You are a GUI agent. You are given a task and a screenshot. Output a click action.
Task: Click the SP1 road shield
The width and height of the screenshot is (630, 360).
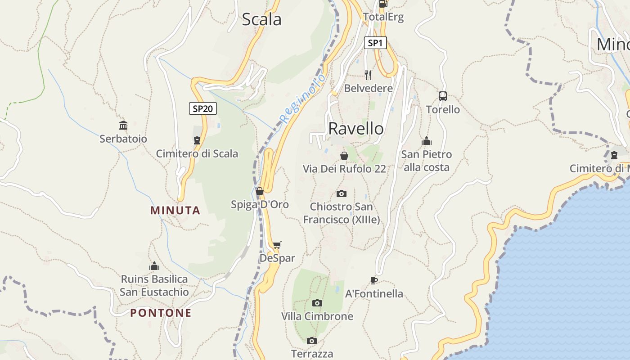375,43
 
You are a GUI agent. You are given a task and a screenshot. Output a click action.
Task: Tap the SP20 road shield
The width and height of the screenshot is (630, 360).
203,108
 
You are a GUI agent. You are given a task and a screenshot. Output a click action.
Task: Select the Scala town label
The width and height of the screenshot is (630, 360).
261,19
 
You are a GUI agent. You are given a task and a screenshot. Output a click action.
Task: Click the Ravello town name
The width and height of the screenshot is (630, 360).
356,128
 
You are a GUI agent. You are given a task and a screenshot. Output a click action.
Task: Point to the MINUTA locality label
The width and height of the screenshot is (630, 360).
175,210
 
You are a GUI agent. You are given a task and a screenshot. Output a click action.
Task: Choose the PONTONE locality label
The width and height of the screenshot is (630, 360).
161,313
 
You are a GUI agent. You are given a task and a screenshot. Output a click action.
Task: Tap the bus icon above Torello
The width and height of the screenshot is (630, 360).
443,96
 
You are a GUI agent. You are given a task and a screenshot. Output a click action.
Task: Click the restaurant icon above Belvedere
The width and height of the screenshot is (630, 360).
368,75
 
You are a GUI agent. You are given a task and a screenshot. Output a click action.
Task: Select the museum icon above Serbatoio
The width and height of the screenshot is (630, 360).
123,125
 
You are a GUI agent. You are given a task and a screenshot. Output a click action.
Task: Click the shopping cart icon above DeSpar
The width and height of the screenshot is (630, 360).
277,245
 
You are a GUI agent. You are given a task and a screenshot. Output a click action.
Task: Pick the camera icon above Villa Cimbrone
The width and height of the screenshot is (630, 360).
317,303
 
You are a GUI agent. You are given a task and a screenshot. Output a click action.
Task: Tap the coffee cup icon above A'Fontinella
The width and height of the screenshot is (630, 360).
373,280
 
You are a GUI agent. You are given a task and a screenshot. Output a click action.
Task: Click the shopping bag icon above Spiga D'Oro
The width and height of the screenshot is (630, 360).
260,191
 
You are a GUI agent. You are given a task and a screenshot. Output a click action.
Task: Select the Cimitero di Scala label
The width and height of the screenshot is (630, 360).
197,153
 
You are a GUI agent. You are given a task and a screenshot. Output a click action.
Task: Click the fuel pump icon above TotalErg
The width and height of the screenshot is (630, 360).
383,4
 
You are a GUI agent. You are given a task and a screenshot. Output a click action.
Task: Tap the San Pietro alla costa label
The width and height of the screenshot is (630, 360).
426,161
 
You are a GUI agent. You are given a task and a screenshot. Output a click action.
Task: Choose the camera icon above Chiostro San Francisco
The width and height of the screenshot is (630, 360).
342,193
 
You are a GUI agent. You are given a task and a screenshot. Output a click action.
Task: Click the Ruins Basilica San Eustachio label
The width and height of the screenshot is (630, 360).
154,285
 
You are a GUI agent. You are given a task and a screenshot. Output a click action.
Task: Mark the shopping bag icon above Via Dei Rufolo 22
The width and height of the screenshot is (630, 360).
344,156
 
